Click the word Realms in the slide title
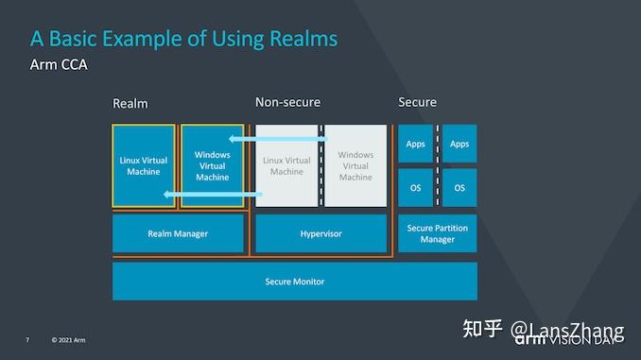coord(300,39)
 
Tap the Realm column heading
coord(130,103)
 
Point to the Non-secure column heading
coord(287,102)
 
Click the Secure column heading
coord(417,102)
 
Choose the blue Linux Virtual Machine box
coord(144,165)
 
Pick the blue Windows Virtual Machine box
coord(212,165)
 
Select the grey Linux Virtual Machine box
coord(286,165)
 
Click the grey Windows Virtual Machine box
coord(355,165)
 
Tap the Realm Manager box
coord(178,233)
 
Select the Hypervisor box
coord(320,233)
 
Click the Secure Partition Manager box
coord(437,233)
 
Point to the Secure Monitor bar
coord(294,282)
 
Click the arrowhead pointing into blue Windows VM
coord(233,140)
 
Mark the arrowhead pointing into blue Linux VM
coord(165,195)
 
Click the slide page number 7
coord(27,339)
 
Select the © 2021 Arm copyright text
coord(68,339)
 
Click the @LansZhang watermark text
coord(567,331)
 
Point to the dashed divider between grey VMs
coord(321,165)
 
